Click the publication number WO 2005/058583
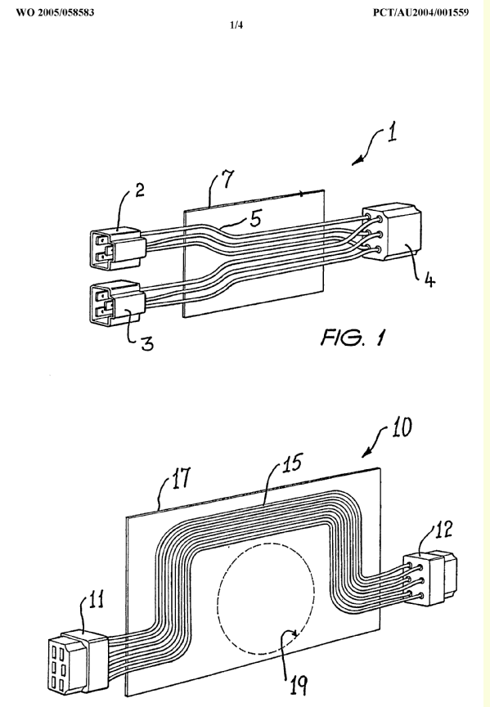coord(55,12)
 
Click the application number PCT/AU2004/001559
coord(420,12)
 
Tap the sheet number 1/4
coord(236,25)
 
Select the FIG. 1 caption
coord(353,337)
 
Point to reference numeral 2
coord(140,190)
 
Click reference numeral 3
coord(147,344)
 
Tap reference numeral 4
coord(429,280)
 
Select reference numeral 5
coord(255,219)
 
